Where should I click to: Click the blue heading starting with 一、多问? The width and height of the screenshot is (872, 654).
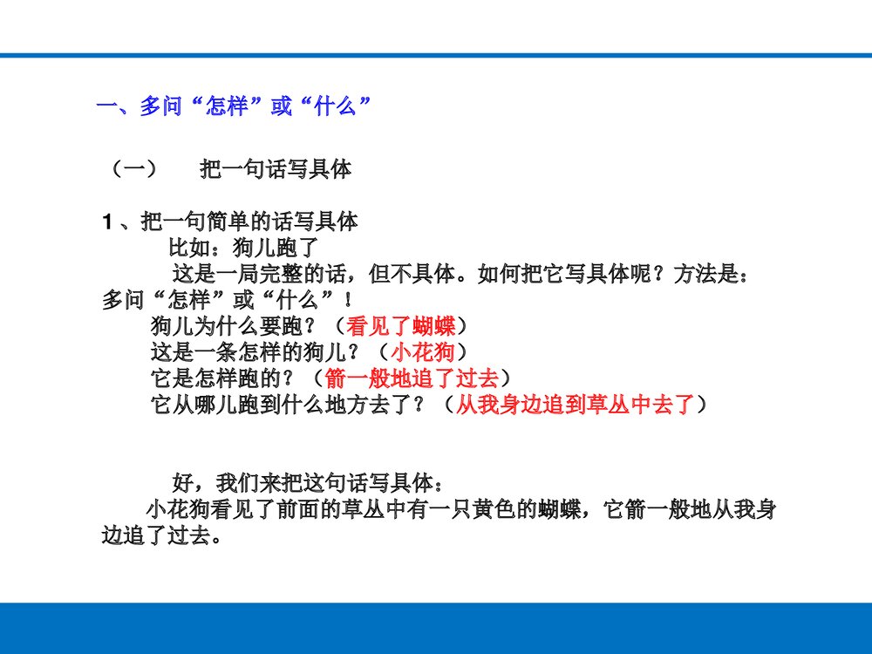235,107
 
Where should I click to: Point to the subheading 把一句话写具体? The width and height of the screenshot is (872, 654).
276,169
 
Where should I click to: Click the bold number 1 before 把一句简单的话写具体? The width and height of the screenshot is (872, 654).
107,223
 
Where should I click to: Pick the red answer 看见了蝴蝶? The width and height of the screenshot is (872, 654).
400,327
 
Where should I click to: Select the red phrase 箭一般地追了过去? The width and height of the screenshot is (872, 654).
411,378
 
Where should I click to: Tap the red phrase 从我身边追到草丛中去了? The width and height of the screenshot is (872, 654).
575,405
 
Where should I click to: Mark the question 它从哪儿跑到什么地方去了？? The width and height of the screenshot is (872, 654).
291,405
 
